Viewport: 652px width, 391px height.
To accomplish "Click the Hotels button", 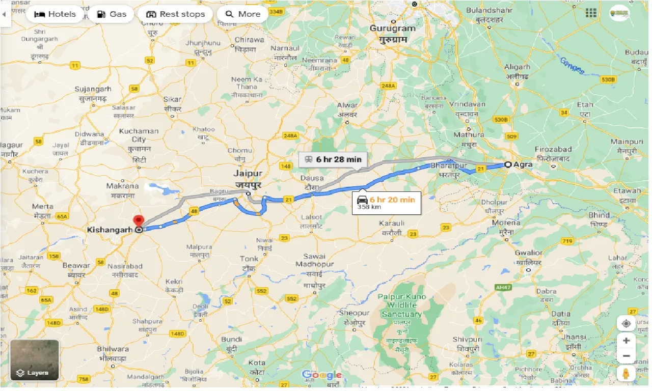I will point(55,14).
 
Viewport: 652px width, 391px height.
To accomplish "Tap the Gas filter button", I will point(111,14).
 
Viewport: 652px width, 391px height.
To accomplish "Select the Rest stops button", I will point(175,14).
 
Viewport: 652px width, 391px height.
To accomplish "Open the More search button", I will point(242,14).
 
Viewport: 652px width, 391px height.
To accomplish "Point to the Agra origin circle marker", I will point(508,164).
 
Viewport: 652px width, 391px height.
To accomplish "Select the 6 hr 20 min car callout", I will point(386,203).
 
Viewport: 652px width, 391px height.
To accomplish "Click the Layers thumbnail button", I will point(35,360).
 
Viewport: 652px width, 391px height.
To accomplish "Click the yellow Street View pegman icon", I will point(626,374).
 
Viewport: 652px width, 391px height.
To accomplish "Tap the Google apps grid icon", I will point(591,13).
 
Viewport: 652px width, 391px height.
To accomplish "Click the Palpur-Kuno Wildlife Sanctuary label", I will point(401,305).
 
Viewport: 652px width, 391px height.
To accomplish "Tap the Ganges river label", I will point(572,66).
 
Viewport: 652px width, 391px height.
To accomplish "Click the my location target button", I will point(626,323).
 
